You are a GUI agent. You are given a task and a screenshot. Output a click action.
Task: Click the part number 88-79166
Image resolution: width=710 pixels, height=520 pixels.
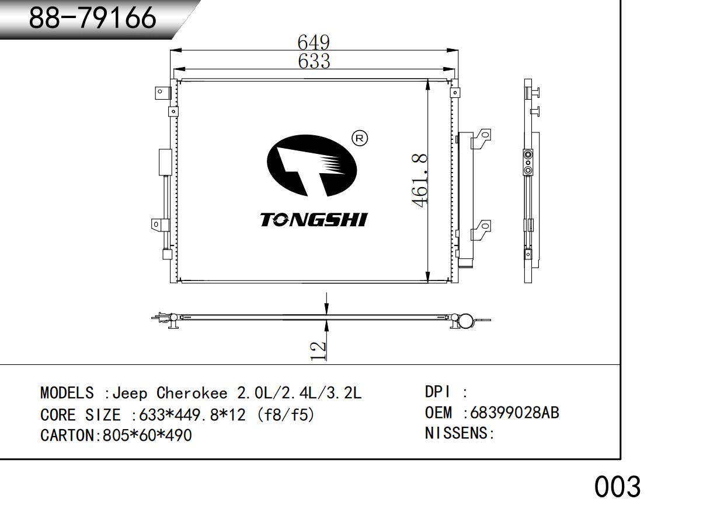pyautogui.click(x=92, y=17)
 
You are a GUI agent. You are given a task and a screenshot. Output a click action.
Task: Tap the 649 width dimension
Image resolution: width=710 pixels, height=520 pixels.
pyautogui.click(x=314, y=42)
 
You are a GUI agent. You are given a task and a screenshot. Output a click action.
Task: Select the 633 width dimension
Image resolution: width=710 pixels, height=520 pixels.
pyautogui.click(x=314, y=61)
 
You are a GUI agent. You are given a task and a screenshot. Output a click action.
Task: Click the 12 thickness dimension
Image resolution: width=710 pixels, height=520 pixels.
pyautogui.click(x=318, y=351)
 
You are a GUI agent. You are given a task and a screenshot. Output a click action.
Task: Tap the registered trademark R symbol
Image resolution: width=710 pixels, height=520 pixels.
pyautogui.click(x=360, y=138)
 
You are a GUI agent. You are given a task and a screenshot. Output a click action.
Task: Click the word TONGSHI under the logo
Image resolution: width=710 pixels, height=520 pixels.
pyautogui.click(x=314, y=220)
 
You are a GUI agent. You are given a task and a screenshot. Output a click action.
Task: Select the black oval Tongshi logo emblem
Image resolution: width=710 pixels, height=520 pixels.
pyautogui.click(x=312, y=166)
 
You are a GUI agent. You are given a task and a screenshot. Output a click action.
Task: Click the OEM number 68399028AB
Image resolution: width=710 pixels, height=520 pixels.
pyautogui.click(x=514, y=413)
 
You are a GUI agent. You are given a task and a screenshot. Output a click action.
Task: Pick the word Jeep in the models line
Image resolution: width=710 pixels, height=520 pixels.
pyautogui.click(x=130, y=393)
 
